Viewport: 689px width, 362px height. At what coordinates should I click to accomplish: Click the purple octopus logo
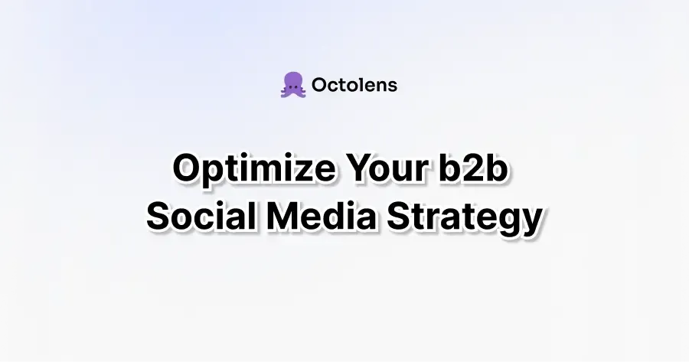click(293, 85)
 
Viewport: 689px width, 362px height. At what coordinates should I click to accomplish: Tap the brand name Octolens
click(354, 85)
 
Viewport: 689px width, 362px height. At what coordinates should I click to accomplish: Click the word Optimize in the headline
click(254, 169)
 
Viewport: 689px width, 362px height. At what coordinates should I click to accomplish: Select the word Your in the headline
click(387, 168)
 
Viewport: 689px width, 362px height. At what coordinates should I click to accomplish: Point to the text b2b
click(473, 168)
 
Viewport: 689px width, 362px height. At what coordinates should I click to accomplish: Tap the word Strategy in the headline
click(464, 218)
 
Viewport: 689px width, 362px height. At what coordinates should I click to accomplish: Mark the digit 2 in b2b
click(473, 168)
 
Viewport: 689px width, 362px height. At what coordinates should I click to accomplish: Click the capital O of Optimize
click(188, 168)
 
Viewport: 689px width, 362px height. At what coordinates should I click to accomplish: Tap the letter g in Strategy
click(508, 222)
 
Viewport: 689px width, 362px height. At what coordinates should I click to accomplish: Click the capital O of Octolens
click(319, 85)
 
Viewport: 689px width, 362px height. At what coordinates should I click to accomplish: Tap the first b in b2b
click(449, 168)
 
